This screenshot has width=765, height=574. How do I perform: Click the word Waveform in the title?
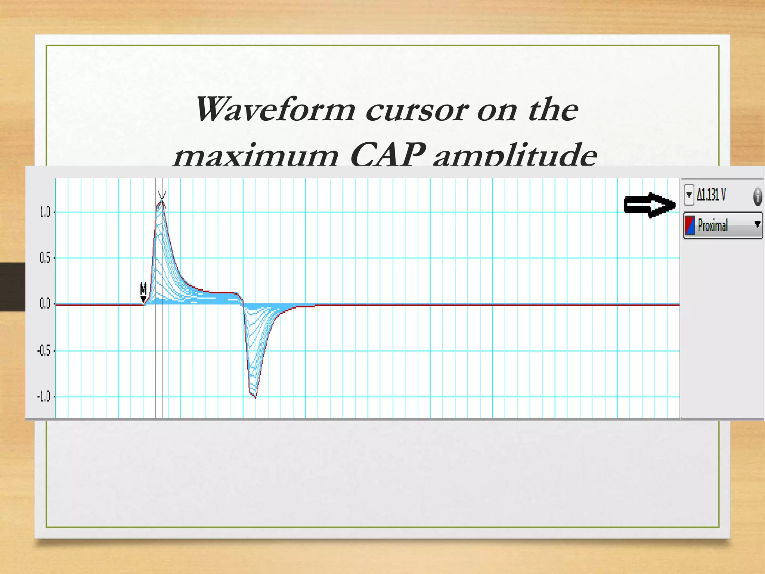coord(276,109)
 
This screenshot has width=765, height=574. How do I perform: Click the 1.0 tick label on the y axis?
coord(44,212)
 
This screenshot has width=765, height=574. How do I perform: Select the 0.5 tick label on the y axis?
coord(44,258)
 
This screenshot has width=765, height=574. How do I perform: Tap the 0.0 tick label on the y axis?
coord(44,304)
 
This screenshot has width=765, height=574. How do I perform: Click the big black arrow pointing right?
coord(650,205)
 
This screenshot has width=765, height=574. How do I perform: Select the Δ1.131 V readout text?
coord(711,195)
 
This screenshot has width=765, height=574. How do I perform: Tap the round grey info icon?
coord(758,197)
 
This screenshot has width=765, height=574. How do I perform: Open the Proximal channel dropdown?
coord(757,225)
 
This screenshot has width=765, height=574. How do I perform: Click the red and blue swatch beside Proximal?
coord(690,225)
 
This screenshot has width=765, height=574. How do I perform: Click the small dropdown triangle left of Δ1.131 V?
coord(689,195)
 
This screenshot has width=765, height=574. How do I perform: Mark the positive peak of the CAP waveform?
coord(162,202)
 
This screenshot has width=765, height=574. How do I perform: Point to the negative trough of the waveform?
coord(255,397)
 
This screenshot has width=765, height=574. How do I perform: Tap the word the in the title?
coord(553,109)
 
